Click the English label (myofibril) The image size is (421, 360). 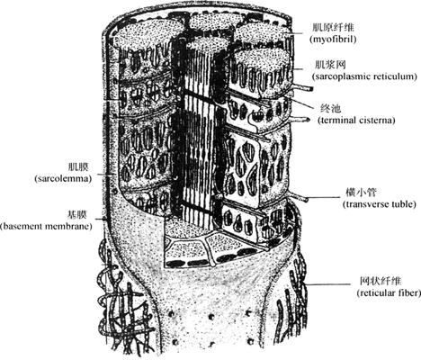[333, 40]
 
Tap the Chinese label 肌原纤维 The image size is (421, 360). [333, 28]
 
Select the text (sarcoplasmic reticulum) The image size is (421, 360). [364, 76]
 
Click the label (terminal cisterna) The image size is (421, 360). [356, 121]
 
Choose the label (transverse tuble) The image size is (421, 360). [380, 204]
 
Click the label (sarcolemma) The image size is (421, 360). [63, 179]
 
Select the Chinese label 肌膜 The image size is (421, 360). [77, 167]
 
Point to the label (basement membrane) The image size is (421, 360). [46, 226]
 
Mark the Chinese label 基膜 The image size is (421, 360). [76, 214]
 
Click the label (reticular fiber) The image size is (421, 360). [389, 293]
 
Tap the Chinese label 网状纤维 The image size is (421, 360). [381, 282]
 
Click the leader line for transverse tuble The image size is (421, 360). [325, 198]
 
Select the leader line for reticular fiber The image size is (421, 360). [327, 284]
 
